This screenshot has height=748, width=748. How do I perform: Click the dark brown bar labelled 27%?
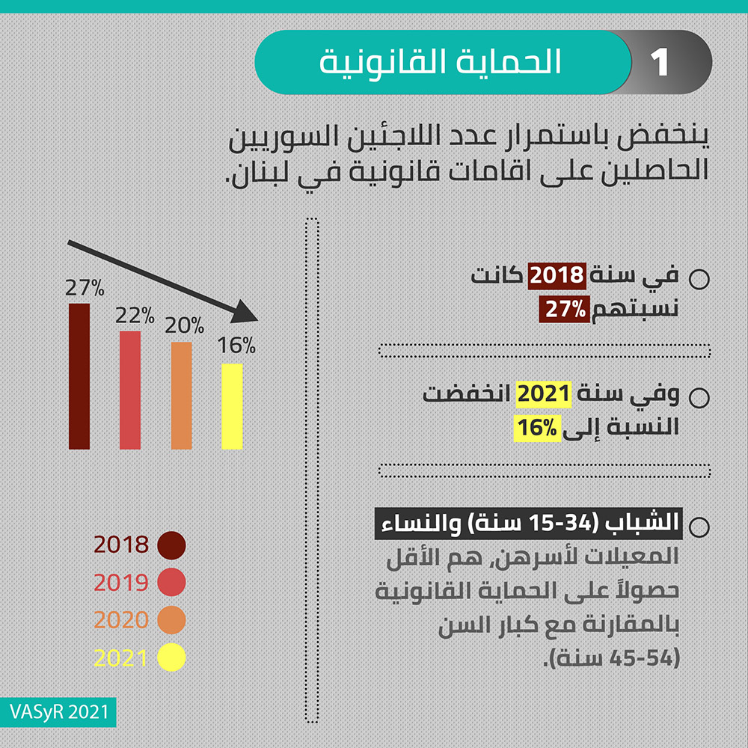pos(79,376)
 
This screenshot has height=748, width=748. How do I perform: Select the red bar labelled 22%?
pos(130,390)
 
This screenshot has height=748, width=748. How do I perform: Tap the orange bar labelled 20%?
pos(181,396)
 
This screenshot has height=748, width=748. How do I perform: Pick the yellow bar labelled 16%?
pos(233,406)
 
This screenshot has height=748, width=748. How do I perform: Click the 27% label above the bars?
pos(85,288)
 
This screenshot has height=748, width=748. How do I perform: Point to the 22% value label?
pos(135,316)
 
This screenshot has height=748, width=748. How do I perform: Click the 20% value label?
pos(185,325)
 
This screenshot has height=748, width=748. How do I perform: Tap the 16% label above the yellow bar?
pos(236,346)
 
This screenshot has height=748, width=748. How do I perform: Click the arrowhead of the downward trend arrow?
pos(245,313)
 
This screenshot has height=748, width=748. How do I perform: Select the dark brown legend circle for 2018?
pos(171,545)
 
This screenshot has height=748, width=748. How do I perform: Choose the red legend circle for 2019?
pos(171,582)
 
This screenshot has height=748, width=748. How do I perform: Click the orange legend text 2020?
pos(121,619)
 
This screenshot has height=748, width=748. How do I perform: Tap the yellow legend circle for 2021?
pos(171,657)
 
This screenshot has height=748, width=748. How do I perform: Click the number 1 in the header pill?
pos(660,63)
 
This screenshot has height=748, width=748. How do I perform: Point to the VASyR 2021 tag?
pos(58,712)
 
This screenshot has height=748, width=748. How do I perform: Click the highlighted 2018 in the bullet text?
pos(557,275)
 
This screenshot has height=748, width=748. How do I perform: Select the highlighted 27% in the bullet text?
pos(565,309)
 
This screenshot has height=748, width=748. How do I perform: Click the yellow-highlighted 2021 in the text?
pos(544,394)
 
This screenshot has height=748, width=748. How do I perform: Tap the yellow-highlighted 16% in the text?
pos(537,428)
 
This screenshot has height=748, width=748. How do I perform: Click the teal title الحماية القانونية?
pos(440,62)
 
